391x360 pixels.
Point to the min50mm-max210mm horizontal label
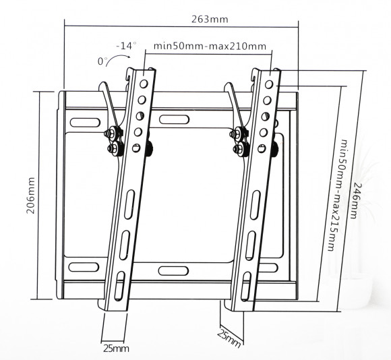click(210, 47)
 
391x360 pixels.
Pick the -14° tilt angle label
click(126, 46)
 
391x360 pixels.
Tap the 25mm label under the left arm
click(116, 349)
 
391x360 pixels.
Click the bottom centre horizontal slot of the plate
click(177, 270)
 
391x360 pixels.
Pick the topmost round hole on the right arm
click(270, 86)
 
